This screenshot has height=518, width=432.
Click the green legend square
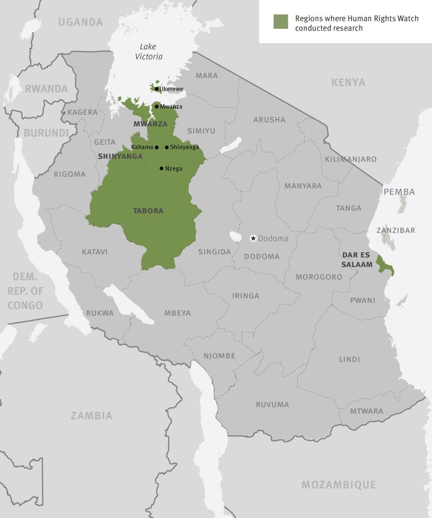point(280,22)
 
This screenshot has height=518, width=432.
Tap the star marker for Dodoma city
point(253,238)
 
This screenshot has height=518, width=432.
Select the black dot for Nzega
point(161,168)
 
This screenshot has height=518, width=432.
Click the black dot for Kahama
point(157,147)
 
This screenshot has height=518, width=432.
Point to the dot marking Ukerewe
point(157,89)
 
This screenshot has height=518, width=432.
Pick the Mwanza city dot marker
point(157,107)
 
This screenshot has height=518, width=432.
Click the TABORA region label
point(148,211)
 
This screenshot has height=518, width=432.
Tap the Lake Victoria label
point(148,52)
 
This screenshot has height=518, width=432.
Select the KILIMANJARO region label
point(350,159)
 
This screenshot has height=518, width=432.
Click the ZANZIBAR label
point(395,230)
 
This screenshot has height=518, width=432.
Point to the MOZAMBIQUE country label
point(338,485)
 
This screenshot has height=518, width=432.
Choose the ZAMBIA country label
point(91,416)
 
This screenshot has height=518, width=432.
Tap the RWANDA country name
point(46,89)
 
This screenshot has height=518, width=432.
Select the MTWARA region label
point(366,411)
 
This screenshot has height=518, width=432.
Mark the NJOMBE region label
point(219,356)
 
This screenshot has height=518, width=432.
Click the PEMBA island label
point(399,192)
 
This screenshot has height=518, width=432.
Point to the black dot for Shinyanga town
point(167,147)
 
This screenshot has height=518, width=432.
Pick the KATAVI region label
point(95,252)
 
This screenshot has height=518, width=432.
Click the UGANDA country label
point(80,22)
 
